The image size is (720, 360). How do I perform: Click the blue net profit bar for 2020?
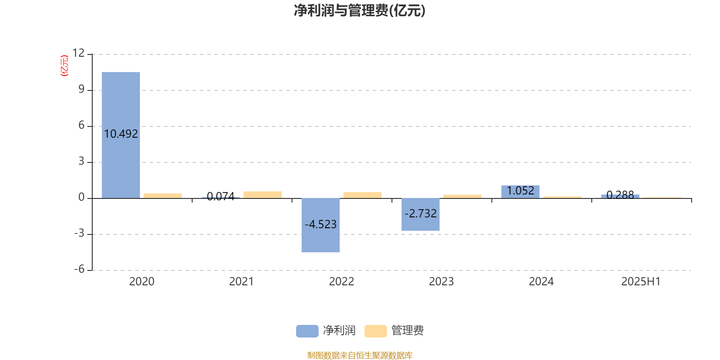click(x=121, y=135)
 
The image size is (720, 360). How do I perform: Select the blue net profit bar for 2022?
click(x=320, y=225)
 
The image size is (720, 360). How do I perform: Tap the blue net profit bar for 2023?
click(x=420, y=214)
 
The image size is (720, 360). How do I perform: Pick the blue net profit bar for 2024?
click(x=520, y=192)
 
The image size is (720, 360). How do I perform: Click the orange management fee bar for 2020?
click(x=162, y=196)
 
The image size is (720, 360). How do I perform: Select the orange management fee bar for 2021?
click(x=263, y=195)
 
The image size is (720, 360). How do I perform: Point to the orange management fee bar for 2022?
click(x=363, y=195)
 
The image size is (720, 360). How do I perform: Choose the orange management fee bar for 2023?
click(x=462, y=196)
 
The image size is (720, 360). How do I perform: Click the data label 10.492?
click(x=121, y=134)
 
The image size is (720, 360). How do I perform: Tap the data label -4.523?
click(x=320, y=224)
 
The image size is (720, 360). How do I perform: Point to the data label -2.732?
click(x=420, y=213)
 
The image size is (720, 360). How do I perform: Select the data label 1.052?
click(x=520, y=191)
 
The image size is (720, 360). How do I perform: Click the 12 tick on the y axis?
click(x=78, y=53)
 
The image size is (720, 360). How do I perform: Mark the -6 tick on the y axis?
click(x=79, y=269)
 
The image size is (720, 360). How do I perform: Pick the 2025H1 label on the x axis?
click(x=641, y=282)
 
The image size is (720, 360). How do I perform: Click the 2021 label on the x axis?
click(x=241, y=282)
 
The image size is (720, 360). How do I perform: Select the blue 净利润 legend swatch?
click(x=307, y=331)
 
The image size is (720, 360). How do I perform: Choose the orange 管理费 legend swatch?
click(x=375, y=331)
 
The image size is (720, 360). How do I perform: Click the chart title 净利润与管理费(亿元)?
click(x=360, y=11)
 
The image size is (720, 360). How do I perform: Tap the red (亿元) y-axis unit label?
click(x=65, y=66)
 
